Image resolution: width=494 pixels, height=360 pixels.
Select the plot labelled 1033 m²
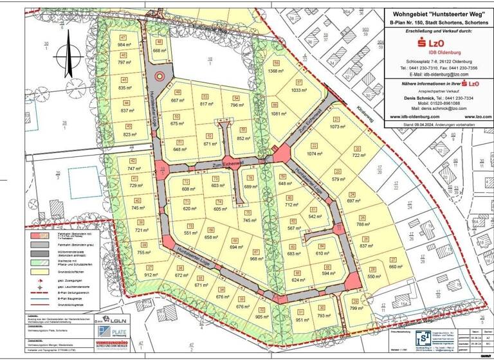[x=300, y=91]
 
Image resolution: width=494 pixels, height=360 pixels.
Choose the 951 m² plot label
[x=302, y=319]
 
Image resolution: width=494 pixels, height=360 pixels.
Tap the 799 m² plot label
[x=357, y=309]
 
